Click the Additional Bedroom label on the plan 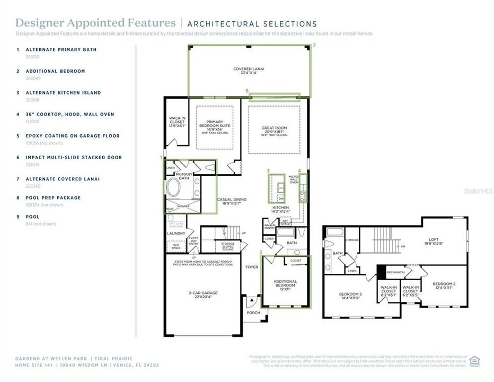coord(285,284)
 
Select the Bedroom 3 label coord(350,296)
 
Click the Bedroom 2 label coord(444,286)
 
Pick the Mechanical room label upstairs coord(395,272)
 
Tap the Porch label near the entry coord(253,312)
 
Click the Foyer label coord(252,267)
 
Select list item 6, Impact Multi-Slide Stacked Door coord(74,158)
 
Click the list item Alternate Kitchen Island coord(63,93)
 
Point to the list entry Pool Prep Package coord(53,198)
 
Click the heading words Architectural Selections coord(252,24)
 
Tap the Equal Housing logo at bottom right coord(474,361)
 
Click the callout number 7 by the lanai coord(314,46)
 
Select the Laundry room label coord(176,233)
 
